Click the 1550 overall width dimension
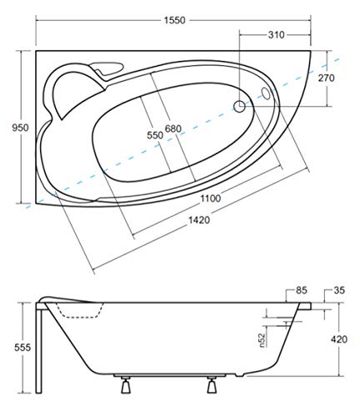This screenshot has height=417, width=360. tap(174, 20)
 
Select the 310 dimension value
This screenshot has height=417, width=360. tap(277, 35)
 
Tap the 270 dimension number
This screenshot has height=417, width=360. tap(327, 78)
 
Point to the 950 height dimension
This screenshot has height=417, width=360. tap(20, 128)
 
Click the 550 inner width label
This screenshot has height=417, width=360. tap(155, 135)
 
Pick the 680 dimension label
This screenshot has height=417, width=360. tap(173, 128)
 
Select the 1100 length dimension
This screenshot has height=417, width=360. tap(211, 198)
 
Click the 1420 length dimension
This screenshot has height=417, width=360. tap(199, 220)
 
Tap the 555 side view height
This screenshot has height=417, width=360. tap(22, 348)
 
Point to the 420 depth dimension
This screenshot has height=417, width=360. tap(339, 339)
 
